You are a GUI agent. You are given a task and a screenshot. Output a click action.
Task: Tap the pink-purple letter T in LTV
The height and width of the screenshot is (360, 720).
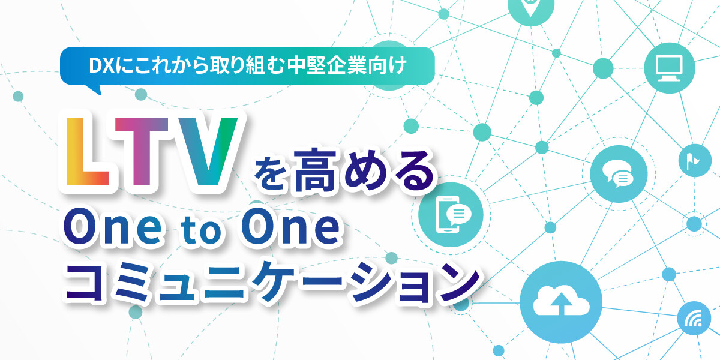tap(142, 152)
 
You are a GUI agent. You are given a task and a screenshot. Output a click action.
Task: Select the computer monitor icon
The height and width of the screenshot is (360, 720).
tap(670, 68)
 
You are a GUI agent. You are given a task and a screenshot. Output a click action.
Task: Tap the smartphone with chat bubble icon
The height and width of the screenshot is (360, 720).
tap(451, 214)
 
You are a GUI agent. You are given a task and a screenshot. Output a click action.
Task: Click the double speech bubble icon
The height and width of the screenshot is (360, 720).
tap(619, 174)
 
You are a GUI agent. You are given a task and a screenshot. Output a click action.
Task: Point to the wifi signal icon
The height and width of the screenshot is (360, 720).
tap(694, 318)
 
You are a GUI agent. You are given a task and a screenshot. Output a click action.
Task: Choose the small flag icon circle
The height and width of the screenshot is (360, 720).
tap(695, 160)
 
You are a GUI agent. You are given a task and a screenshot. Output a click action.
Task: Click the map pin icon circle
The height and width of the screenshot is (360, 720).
tap(530, 8)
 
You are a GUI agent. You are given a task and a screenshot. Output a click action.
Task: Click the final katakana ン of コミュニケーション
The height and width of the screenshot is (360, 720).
tap(458, 283)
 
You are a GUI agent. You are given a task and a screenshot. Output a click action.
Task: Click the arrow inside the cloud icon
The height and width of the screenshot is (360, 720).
tap(561, 304)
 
